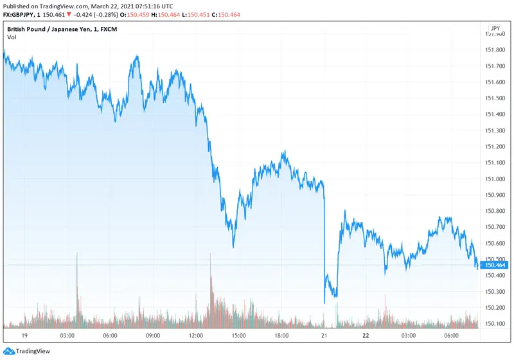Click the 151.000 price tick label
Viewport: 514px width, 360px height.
click(x=495, y=179)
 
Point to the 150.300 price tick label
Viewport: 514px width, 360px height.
click(x=495, y=291)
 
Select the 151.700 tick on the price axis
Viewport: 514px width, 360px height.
click(x=495, y=66)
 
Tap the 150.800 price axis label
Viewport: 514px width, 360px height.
click(x=495, y=211)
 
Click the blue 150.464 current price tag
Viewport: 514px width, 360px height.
click(x=495, y=265)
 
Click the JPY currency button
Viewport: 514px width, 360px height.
click(x=495, y=28)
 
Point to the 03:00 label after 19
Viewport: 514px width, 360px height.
click(x=67, y=336)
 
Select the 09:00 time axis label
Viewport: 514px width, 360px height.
click(x=152, y=336)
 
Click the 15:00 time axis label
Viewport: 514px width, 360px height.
click(x=238, y=336)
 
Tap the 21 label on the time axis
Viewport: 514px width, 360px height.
click(x=324, y=336)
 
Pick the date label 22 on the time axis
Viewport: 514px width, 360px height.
click(x=366, y=336)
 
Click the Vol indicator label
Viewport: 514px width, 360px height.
click(x=12, y=37)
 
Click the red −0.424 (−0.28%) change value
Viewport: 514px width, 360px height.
click(x=87, y=15)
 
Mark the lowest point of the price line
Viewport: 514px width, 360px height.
click(x=324, y=303)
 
